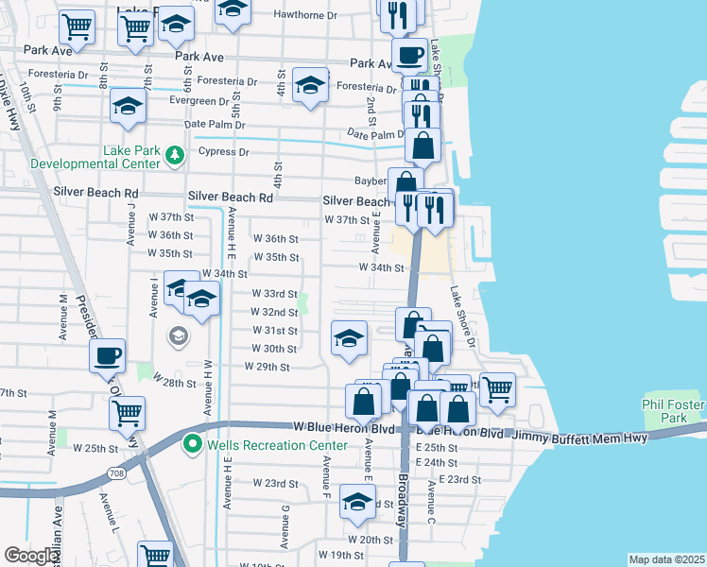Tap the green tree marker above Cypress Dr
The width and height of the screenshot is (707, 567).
pos(173,154)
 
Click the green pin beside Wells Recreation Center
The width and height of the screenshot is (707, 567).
pos(193,442)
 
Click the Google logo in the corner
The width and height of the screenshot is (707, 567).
pos(32,556)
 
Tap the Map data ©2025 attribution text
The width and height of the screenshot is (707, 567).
pos(666,559)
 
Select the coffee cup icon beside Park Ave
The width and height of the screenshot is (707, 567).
pos(409,55)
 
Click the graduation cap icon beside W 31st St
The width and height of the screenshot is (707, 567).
pos(349,338)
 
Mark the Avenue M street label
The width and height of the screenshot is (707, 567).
pos(63,317)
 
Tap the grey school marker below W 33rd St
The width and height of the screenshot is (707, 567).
pos(178,335)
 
